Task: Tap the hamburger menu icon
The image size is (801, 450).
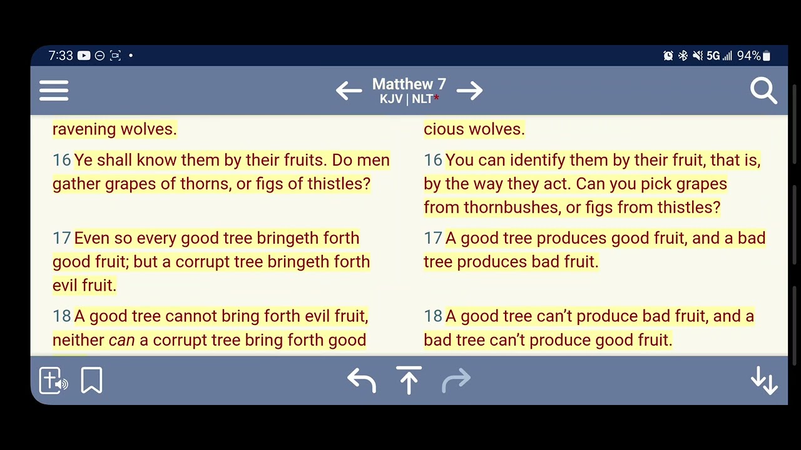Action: (54, 91)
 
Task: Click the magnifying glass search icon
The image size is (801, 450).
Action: (763, 91)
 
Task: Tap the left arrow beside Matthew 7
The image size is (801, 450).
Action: (349, 91)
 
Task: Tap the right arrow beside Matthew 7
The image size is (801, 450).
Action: (470, 91)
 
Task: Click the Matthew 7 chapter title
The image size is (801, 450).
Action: (409, 84)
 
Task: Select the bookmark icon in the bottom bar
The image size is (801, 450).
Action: (91, 380)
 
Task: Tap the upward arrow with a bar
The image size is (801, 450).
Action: (409, 380)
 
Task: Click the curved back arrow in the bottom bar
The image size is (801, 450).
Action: (362, 380)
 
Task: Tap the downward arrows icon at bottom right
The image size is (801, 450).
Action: (763, 380)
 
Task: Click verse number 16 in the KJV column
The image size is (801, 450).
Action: (61, 160)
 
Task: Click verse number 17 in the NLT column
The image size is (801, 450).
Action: (432, 238)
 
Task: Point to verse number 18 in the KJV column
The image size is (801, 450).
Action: (61, 316)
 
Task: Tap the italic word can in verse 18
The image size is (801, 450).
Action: (121, 340)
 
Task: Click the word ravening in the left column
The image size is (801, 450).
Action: (84, 129)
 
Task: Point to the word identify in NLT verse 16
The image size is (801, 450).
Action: (538, 160)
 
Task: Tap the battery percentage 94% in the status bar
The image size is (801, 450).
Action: (748, 56)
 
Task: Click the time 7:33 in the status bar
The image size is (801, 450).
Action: (61, 56)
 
